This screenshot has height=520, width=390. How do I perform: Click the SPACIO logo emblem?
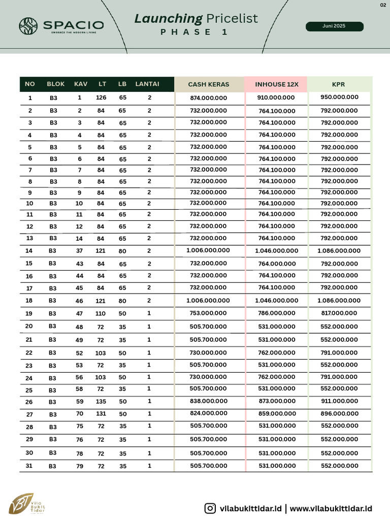(28, 25)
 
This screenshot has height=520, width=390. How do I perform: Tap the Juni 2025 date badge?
(334, 26)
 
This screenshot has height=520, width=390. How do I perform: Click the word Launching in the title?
(168, 19)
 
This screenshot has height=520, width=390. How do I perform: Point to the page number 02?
(383, 5)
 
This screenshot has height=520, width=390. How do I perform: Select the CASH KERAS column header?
(208, 84)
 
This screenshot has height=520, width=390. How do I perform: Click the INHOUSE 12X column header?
(276, 84)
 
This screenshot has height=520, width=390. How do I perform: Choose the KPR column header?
(338, 84)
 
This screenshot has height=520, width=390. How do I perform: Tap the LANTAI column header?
(147, 84)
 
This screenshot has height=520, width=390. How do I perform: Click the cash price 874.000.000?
(208, 98)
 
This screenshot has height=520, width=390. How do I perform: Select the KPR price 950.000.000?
(339, 97)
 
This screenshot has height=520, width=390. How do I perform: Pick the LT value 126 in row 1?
(101, 97)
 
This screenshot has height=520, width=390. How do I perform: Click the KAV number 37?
(79, 251)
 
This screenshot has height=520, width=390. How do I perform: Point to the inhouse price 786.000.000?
(276, 313)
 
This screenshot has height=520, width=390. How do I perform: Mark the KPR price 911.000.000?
(339, 401)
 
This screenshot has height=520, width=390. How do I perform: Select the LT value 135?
(101, 402)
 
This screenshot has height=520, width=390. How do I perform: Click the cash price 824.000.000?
(208, 414)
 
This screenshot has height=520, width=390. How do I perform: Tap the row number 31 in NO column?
(29, 465)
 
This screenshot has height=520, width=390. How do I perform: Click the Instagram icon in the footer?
(210, 508)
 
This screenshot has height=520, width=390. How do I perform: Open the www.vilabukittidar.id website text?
(331, 508)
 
